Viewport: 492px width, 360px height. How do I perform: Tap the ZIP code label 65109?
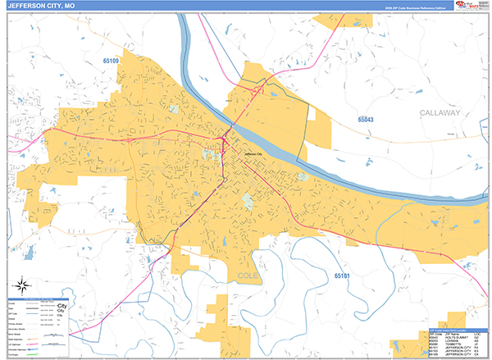point(111,62)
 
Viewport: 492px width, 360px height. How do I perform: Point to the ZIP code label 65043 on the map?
point(365,120)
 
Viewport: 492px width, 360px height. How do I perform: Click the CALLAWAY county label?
point(440,112)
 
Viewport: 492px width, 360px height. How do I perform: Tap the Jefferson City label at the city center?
point(253,154)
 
